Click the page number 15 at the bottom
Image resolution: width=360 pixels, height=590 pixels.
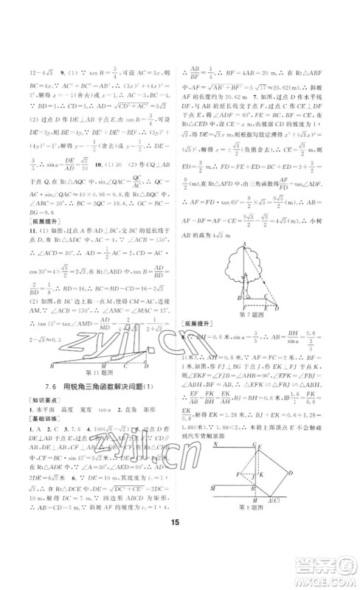point(180,546)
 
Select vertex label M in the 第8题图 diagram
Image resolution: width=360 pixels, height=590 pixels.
point(212,488)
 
